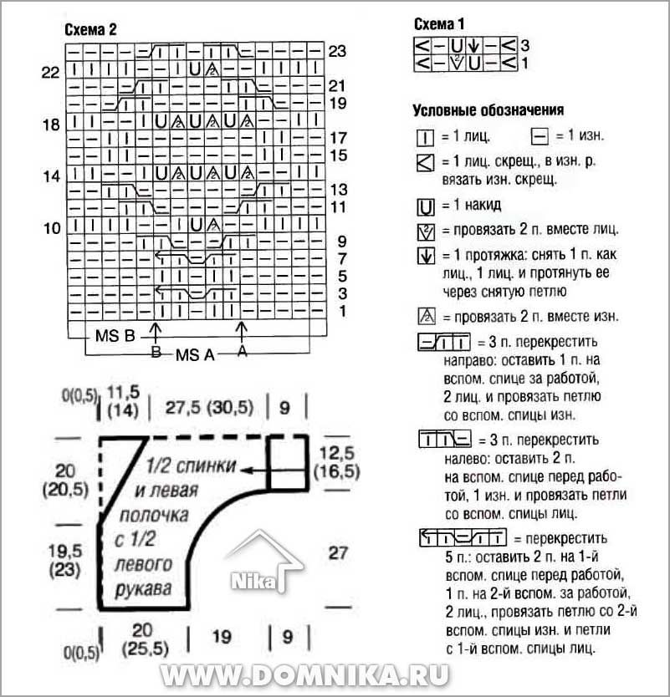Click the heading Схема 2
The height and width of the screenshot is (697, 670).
click(x=91, y=30)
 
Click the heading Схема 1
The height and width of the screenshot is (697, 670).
click(x=439, y=24)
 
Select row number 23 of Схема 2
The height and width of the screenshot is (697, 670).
click(x=337, y=51)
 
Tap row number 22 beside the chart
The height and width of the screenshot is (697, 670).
click(x=50, y=72)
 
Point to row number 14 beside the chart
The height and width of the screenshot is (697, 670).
click(x=51, y=176)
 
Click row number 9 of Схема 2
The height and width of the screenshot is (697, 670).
click(x=341, y=242)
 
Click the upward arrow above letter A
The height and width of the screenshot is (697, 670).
click(x=241, y=332)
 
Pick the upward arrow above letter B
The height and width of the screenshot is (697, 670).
click(x=156, y=333)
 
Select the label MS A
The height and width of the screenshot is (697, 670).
click(x=195, y=355)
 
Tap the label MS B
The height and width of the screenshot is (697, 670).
click(x=115, y=336)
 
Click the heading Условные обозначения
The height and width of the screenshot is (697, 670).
click(x=488, y=109)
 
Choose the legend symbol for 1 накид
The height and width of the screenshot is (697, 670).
click(x=426, y=207)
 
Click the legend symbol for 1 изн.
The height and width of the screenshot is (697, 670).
click(x=540, y=136)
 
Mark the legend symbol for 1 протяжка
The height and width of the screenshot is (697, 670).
click(x=426, y=256)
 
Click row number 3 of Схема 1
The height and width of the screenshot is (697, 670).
click(x=525, y=45)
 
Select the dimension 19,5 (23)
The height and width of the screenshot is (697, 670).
click(x=65, y=560)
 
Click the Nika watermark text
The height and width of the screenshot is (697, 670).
click(x=253, y=581)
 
